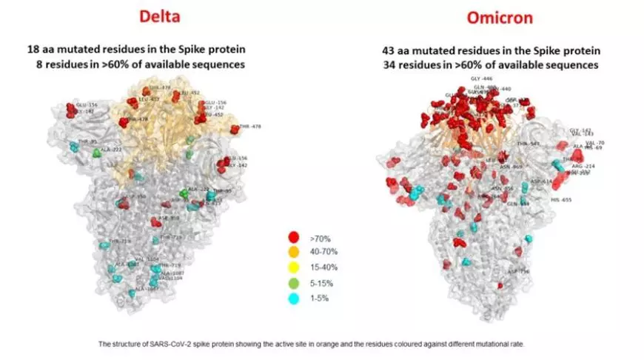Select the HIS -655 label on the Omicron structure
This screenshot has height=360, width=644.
tap(561, 200)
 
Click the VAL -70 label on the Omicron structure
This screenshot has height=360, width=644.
tap(594, 142)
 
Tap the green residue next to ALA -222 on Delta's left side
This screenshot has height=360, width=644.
tap(96, 153)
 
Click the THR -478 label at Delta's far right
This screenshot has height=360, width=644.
tap(249, 127)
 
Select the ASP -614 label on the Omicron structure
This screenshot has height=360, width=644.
tap(540, 181)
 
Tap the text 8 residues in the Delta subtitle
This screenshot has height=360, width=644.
tap(81, 64)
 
